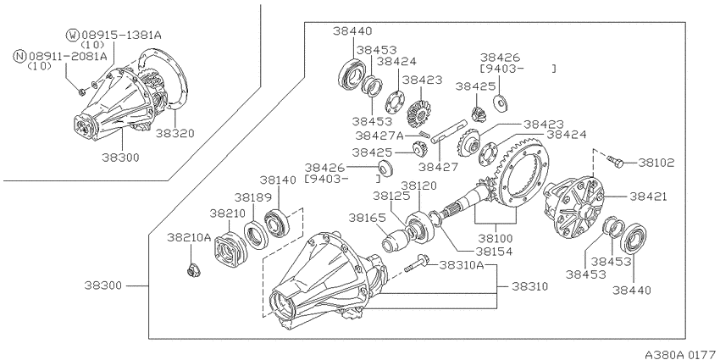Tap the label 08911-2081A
click(x=68, y=57)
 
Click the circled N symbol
click(x=19, y=57)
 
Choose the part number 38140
click(x=277, y=180)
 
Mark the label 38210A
click(x=188, y=238)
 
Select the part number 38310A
click(x=462, y=265)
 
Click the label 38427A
click(x=377, y=135)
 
